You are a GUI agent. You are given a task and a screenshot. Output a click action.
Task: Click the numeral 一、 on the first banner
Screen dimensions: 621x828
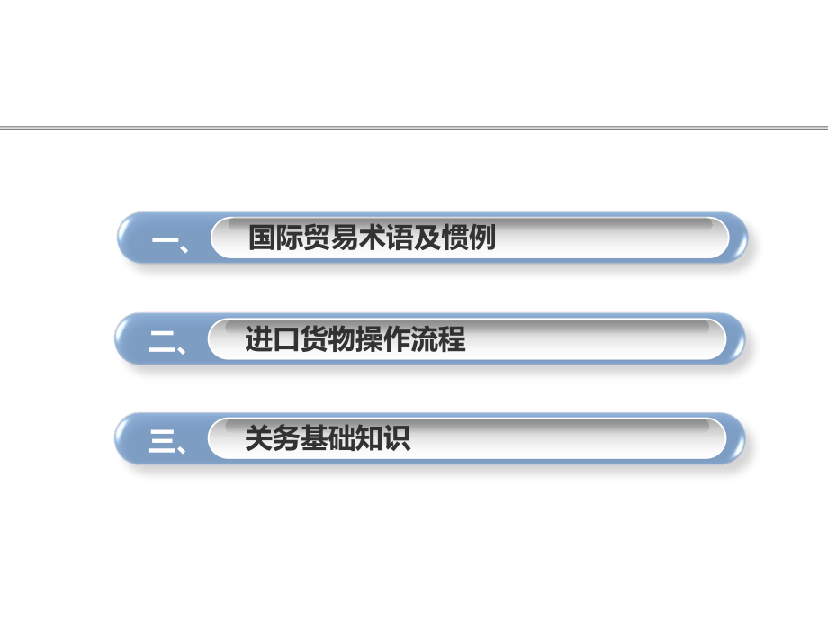coord(169,239)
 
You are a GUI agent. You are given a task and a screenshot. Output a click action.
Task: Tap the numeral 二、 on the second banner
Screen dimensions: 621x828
coord(167,341)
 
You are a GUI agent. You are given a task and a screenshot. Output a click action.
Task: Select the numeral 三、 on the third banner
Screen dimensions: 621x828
coord(167,441)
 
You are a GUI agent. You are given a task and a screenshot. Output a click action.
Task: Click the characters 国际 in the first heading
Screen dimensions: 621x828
coord(276,238)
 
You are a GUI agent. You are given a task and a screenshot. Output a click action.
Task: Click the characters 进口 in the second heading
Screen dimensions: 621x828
coord(273,340)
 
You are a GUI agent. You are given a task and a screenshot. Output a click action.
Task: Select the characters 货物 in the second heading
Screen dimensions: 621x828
coord(328,340)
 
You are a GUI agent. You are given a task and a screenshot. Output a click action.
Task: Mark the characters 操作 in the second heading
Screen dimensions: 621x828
coord(383,340)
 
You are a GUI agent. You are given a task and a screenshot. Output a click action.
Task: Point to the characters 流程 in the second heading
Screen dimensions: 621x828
coord(439,340)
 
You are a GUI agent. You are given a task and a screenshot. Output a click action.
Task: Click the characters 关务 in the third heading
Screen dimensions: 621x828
coord(273,439)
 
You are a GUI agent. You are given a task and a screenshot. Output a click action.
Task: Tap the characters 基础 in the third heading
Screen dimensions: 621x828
coord(328,439)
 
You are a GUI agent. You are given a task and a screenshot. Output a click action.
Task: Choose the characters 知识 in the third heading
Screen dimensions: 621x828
coord(383,439)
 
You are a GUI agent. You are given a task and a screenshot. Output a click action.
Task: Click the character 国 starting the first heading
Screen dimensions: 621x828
coord(263,238)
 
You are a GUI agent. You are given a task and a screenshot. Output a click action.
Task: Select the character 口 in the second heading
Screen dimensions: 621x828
coord(287,340)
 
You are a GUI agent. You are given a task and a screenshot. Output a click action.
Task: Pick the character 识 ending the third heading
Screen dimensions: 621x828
coord(397,439)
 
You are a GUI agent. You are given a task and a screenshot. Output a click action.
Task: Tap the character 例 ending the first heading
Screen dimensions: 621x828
coord(483,238)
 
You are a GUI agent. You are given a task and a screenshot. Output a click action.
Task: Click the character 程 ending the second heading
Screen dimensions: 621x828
coord(453,340)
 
